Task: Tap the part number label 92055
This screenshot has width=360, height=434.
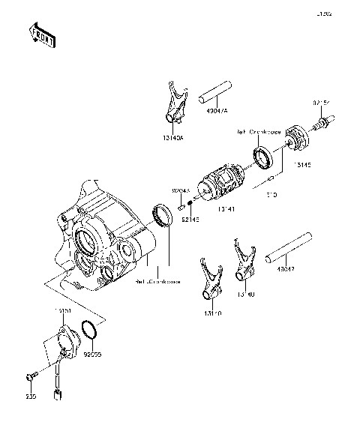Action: [92, 349]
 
